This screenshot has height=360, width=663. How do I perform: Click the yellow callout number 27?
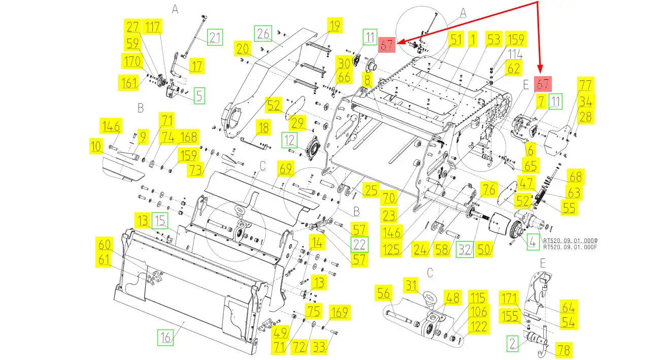pos(132,27)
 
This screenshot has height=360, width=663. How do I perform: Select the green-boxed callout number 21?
pos(215,37)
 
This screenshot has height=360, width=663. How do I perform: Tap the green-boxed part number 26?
pos(263,34)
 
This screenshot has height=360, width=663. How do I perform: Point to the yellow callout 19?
pos(335,26)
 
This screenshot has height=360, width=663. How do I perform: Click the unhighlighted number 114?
pos(515,54)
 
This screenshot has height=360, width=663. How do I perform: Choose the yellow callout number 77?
pos(585,85)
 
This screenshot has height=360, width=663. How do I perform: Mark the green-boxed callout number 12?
pos(289,140)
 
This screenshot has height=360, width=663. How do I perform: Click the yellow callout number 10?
pos(96,146)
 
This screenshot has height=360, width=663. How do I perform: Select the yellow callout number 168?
pos(188,137)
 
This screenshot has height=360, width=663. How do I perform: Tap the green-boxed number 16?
pos(165,337)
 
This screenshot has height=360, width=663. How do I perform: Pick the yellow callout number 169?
pos(340,312)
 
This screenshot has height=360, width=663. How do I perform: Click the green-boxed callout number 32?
pos(465,250)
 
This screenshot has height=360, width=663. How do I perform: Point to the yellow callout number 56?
pos(383,293)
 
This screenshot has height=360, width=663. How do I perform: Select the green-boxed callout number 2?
pos(512,344)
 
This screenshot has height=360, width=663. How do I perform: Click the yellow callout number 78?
pos(563,350)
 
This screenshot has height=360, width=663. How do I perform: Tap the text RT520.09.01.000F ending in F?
pos(570,247)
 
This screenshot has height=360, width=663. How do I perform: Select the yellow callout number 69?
pos(286,169)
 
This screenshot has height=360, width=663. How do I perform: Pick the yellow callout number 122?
pos(479,326)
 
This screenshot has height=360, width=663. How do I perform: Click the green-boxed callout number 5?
pos(199,95)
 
